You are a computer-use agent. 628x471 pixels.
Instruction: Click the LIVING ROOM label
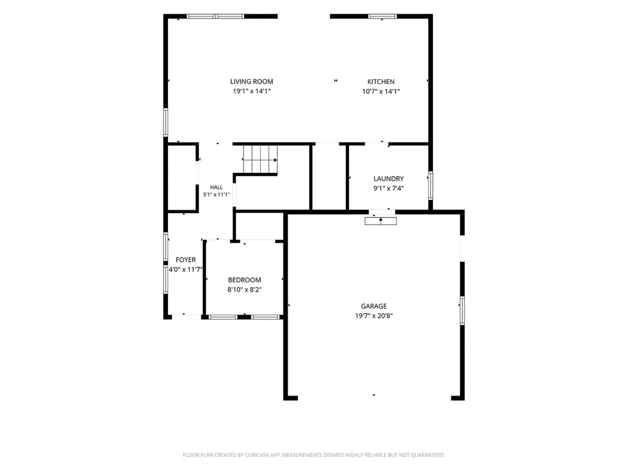point(251,82)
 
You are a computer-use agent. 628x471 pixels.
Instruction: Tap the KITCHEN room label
point(381,82)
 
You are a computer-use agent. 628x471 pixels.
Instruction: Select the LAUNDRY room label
point(388,178)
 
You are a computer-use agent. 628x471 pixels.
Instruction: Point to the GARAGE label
point(373,306)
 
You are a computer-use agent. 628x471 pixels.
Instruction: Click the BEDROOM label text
point(244,280)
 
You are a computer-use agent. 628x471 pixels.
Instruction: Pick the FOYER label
point(186,259)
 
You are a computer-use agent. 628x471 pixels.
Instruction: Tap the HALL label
point(216,187)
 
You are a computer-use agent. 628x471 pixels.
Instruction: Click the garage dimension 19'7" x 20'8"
point(373,316)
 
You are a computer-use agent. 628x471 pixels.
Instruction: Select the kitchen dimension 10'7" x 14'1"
point(381,91)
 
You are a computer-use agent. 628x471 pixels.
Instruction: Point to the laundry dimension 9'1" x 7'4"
point(388,188)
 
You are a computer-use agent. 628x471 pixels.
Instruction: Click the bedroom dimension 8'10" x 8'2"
point(244,289)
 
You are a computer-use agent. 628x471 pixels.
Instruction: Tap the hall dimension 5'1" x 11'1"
point(216,194)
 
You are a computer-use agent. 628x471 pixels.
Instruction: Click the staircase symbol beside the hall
point(260,159)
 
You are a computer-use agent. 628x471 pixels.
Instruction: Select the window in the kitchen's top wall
point(382,17)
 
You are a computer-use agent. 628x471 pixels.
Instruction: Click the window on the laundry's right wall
point(431,185)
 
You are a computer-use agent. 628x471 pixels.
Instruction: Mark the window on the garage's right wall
point(462,310)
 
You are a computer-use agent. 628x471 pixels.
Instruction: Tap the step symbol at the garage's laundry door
point(380,221)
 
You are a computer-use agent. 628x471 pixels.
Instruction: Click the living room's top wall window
point(215,17)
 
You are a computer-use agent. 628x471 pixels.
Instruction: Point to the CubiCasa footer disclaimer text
point(313,455)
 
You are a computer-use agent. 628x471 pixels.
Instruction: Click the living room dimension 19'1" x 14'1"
point(251,91)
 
